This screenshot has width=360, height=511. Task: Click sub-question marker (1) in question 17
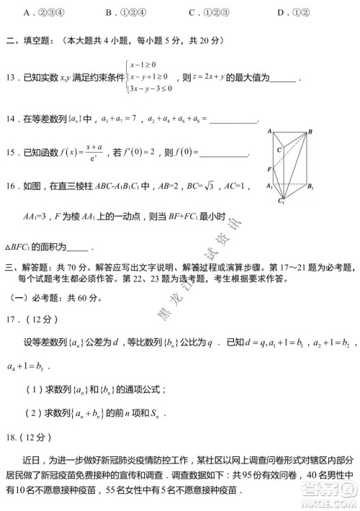pos(34,390)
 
